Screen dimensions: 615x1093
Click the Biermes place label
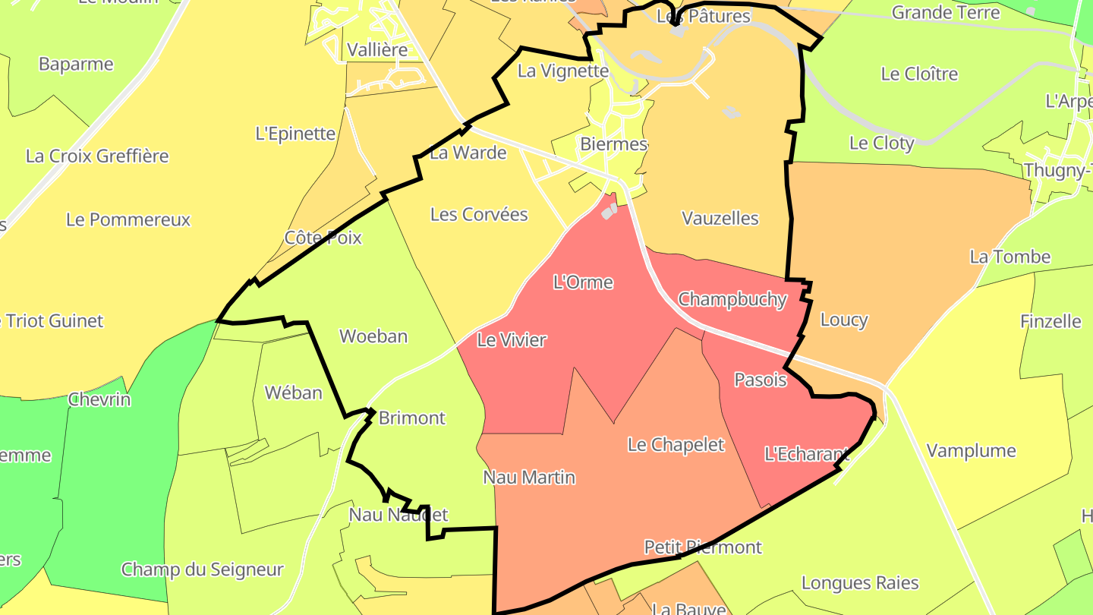tap(613, 144)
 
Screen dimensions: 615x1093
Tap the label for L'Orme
tap(583, 282)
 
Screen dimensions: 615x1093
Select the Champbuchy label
tap(732, 299)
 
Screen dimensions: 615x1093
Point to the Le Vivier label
tap(512, 340)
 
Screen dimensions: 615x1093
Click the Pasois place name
tap(761, 380)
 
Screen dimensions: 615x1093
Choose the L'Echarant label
tap(806, 455)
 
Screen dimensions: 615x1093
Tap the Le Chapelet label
tap(676, 445)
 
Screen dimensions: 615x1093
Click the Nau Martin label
tap(529, 478)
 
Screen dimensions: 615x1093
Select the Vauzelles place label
tap(720, 219)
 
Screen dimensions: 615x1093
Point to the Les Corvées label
tap(479, 215)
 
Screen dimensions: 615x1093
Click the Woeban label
tap(373, 336)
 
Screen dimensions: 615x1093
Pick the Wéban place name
tap(293, 393)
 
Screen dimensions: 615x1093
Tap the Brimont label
tap(411, 418)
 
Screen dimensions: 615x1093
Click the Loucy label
tap(844, 320)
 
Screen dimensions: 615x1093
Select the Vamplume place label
tap(971, 451)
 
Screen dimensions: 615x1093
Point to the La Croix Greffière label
tap(97, 156)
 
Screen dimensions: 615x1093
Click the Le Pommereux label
tap(128, 220)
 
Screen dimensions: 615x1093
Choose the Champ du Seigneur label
tap(203, 569)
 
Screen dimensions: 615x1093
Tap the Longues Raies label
tap(860, 583)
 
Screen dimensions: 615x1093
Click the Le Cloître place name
tap(919, 74)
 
